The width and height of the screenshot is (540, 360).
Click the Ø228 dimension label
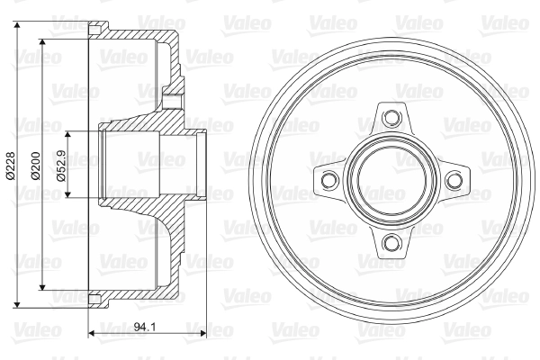(11, 166)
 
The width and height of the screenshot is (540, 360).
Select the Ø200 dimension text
(35, 166)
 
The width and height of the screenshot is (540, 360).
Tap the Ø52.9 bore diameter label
(61, 166)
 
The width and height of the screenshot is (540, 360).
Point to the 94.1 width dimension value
(145, 327)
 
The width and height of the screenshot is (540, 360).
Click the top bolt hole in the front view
(391, 117)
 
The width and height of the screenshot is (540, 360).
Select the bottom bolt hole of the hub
(391, 242)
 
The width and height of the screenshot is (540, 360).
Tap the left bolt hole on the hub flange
(328, 179)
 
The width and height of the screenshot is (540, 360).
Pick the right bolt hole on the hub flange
(453, 179)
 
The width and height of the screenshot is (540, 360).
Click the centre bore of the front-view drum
(391, 179)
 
